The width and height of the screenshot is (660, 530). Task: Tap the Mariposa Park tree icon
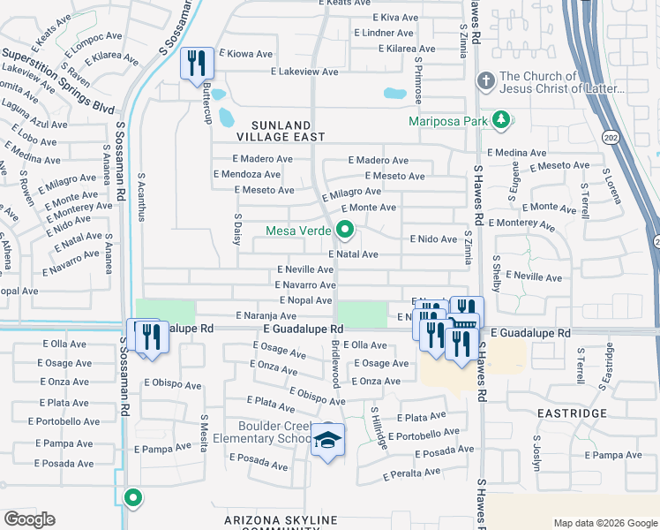[x=501, y=119]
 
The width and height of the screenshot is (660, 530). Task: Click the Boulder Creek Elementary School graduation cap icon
[x=327, y=442]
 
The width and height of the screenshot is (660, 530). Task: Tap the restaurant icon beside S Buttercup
[x=196, y=64]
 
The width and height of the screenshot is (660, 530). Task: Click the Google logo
[x=29, y=519]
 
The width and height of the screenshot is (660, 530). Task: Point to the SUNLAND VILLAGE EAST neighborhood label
[x=281, y=131]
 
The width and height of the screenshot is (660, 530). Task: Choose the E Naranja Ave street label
[x=266, y=315]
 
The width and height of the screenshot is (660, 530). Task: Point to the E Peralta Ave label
[x=411, y=474]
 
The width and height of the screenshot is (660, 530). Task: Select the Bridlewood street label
[x=335, y=363]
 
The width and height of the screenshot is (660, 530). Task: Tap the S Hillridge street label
[x=379, y=428]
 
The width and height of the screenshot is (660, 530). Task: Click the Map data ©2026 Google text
[x=604, y=522]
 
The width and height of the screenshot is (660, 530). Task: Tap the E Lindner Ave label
[x=383, y=33]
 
